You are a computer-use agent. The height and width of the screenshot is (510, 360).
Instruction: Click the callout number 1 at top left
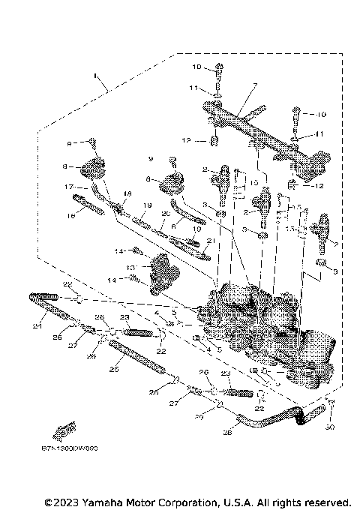point(95,76)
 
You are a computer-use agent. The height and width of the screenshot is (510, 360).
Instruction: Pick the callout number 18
point(127,194)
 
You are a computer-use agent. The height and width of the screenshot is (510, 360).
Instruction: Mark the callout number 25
point(115,369)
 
